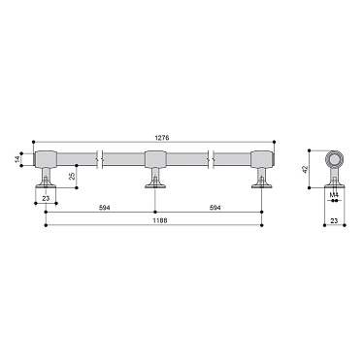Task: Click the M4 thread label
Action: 333,194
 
